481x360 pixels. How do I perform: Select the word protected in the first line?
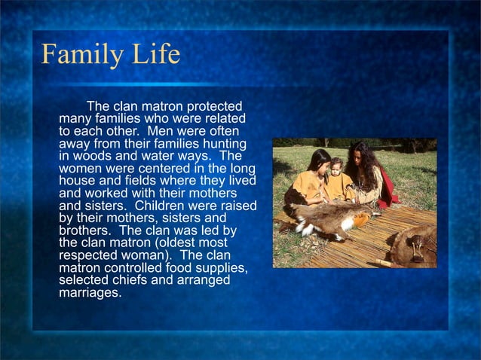[211, 106]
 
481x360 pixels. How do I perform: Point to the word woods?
[93, 156]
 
